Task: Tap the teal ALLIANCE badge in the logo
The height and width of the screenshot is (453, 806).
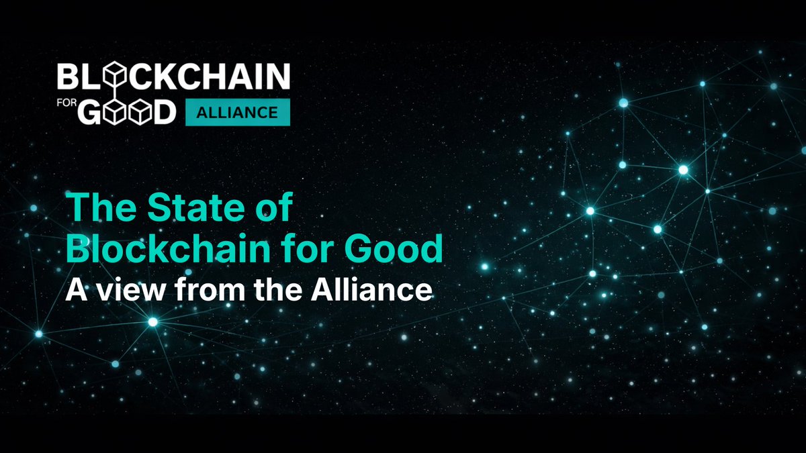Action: tap(237, 112)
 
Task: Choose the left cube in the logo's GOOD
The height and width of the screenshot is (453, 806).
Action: tap(116, 112)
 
